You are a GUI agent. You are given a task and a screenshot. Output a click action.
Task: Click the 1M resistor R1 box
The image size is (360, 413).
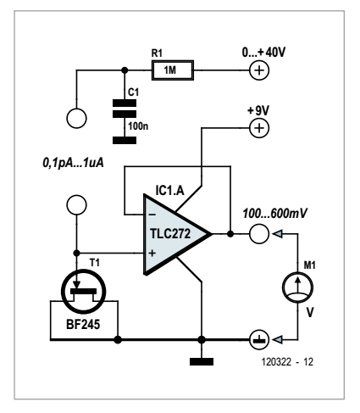(x=173, y=70)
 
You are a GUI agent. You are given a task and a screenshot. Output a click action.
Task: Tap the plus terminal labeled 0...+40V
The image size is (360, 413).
(x=259, y=70)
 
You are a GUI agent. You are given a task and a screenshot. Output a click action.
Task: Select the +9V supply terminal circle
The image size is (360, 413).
(x=259, y=128)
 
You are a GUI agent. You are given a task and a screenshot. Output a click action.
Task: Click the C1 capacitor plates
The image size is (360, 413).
(x=125, y=109)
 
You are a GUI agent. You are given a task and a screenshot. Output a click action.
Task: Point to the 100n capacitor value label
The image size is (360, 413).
(x=138, y=126)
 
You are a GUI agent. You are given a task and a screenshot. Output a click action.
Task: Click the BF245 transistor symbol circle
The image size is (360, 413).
(x=84, y=291)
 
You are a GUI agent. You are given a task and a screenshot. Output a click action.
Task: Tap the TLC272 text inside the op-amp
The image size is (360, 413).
(x=170, y=234)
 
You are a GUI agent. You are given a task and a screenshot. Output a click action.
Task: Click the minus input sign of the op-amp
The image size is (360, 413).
(x=152, y=215)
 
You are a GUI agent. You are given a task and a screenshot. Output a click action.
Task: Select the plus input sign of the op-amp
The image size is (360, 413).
(x=152, y=253)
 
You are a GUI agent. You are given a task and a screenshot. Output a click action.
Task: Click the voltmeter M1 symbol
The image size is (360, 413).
(x=297, y=287)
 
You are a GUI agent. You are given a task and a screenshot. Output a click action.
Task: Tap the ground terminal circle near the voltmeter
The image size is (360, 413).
(x=259, y=339)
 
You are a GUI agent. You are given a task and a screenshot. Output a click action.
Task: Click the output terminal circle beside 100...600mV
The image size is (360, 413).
(x=259, y=234)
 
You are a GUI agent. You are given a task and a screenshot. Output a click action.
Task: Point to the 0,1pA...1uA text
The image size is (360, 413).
(x=73, y=163)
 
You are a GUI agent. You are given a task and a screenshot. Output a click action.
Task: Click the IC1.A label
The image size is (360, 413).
(x=169, y=191)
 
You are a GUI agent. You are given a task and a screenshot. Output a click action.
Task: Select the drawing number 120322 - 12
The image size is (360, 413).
(x=287, y=362)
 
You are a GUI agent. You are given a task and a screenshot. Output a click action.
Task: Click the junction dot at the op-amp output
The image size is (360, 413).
(x=230, y=234)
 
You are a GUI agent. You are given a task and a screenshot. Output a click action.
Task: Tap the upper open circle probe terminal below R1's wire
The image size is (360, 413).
(x=76, y=118)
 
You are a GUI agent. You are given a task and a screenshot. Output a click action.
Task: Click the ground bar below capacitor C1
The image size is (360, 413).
(x=125, y=140)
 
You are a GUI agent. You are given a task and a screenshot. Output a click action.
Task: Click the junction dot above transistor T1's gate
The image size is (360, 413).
(x=76, y=253)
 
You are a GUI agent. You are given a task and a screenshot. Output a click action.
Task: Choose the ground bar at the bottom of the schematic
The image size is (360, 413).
(x=202, y=361)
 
